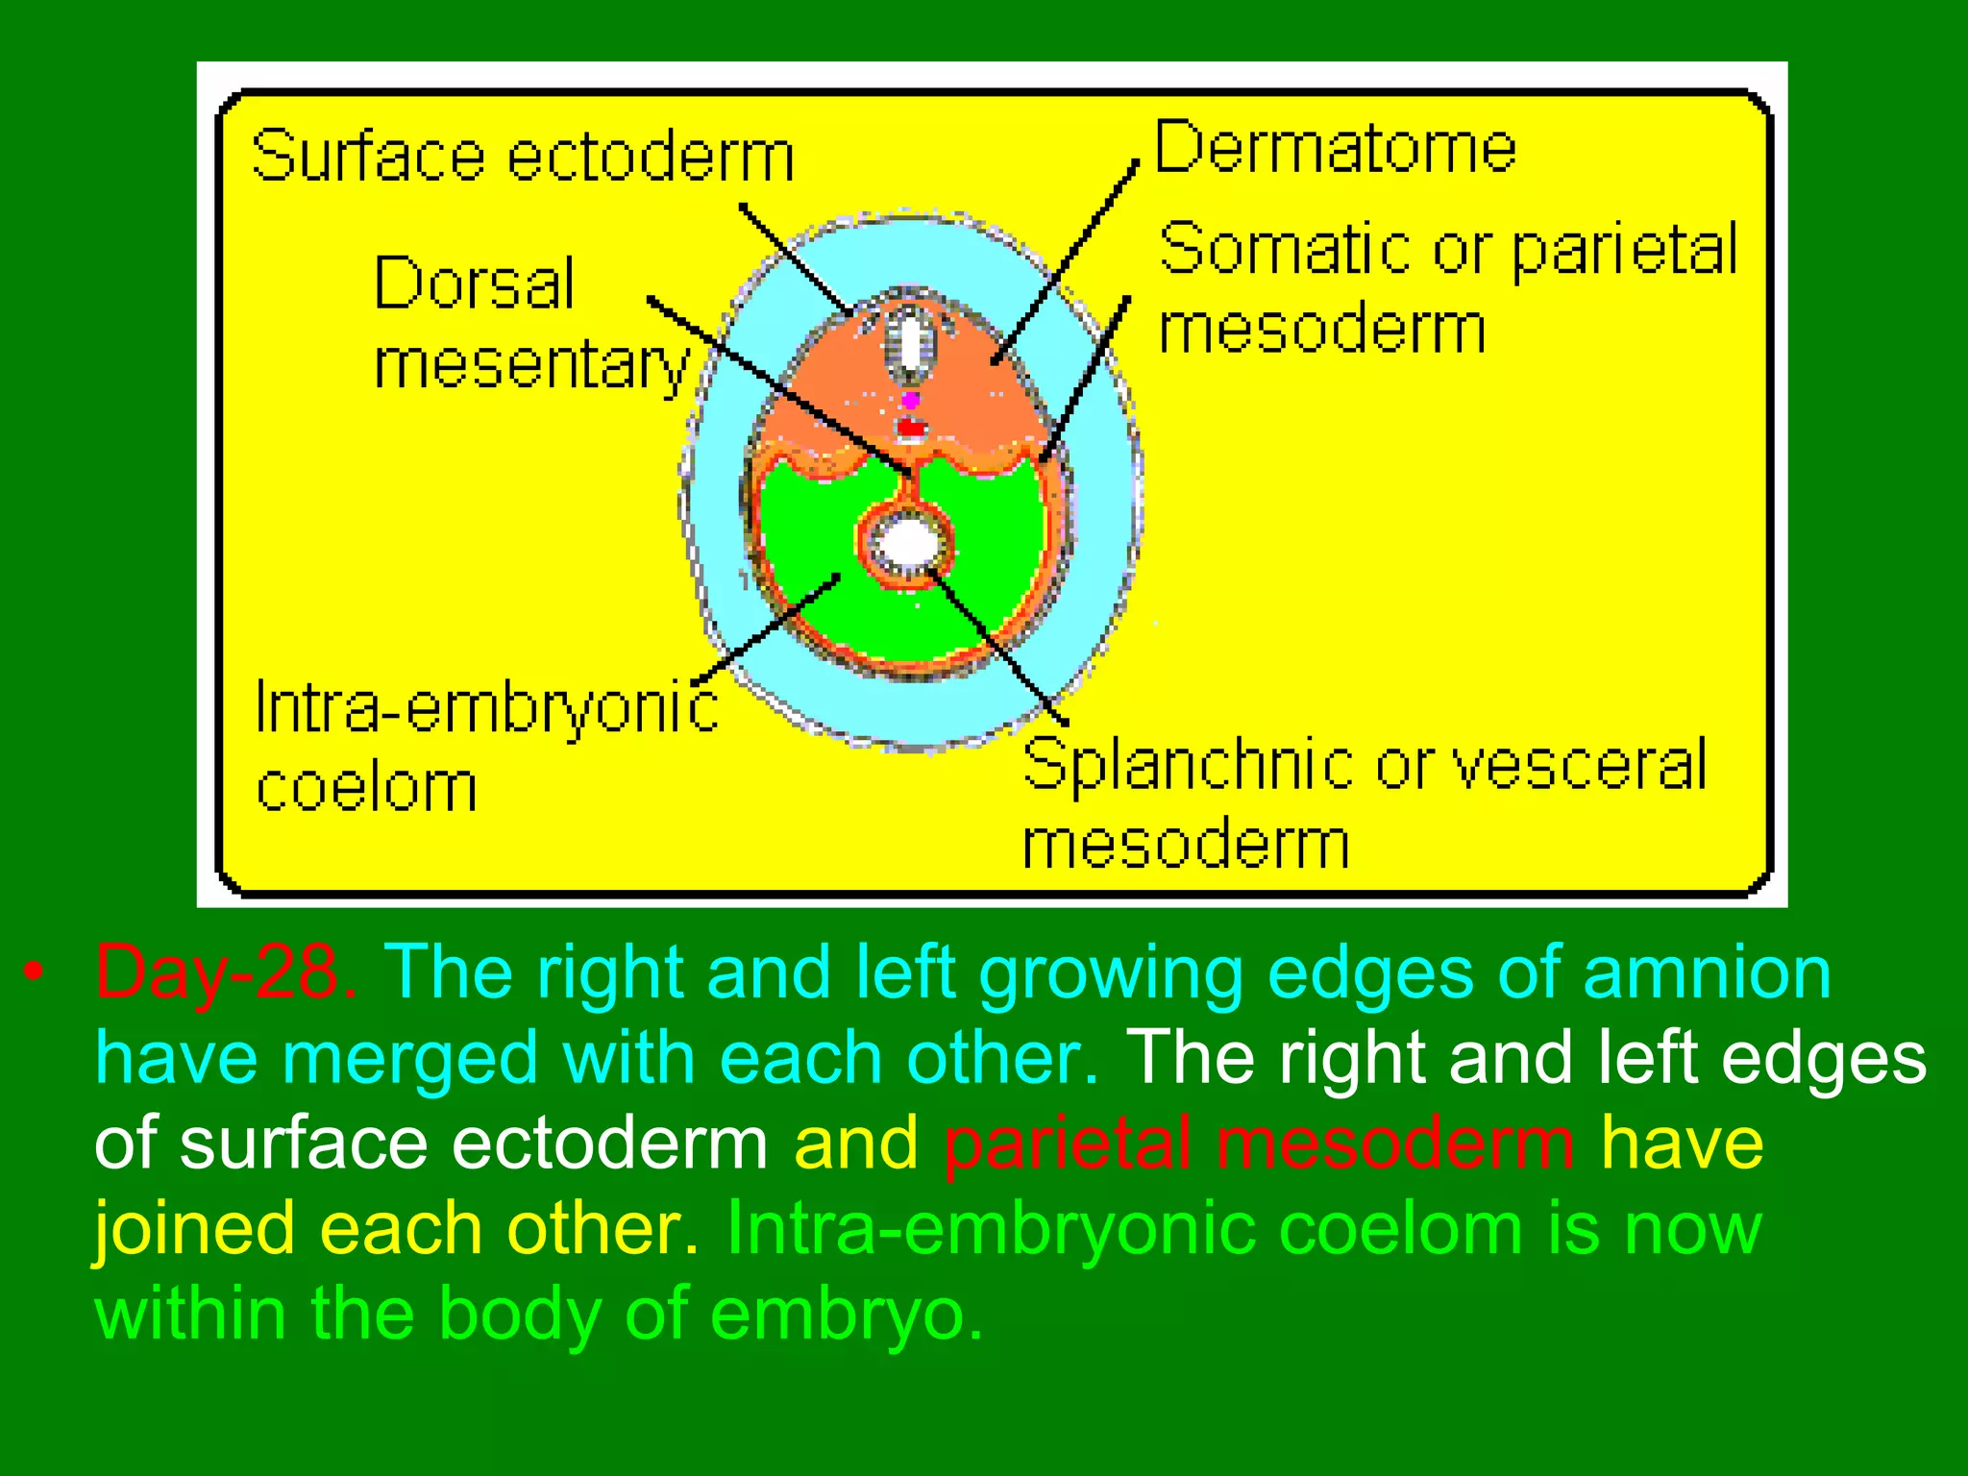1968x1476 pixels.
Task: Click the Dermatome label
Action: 1335,149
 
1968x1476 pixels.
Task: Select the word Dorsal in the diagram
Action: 474,283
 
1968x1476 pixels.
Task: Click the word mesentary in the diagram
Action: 531,366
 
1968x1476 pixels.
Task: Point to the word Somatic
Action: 1286,249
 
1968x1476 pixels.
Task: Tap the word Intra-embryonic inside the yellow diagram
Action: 486,708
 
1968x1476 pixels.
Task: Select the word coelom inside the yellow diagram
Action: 366,788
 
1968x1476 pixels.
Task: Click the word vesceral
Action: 1579,766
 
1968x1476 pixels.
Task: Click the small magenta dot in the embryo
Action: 910,400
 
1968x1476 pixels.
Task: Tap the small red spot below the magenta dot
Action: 910,428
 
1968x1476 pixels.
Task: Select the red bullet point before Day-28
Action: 35,972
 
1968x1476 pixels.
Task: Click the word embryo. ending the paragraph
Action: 847,1314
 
